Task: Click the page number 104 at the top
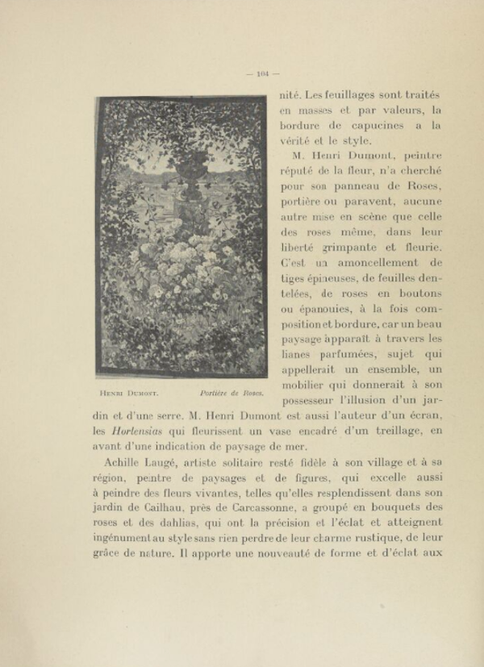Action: pos(263,74)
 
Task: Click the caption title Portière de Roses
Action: pos(231,393)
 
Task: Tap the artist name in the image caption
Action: pos(128,393)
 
